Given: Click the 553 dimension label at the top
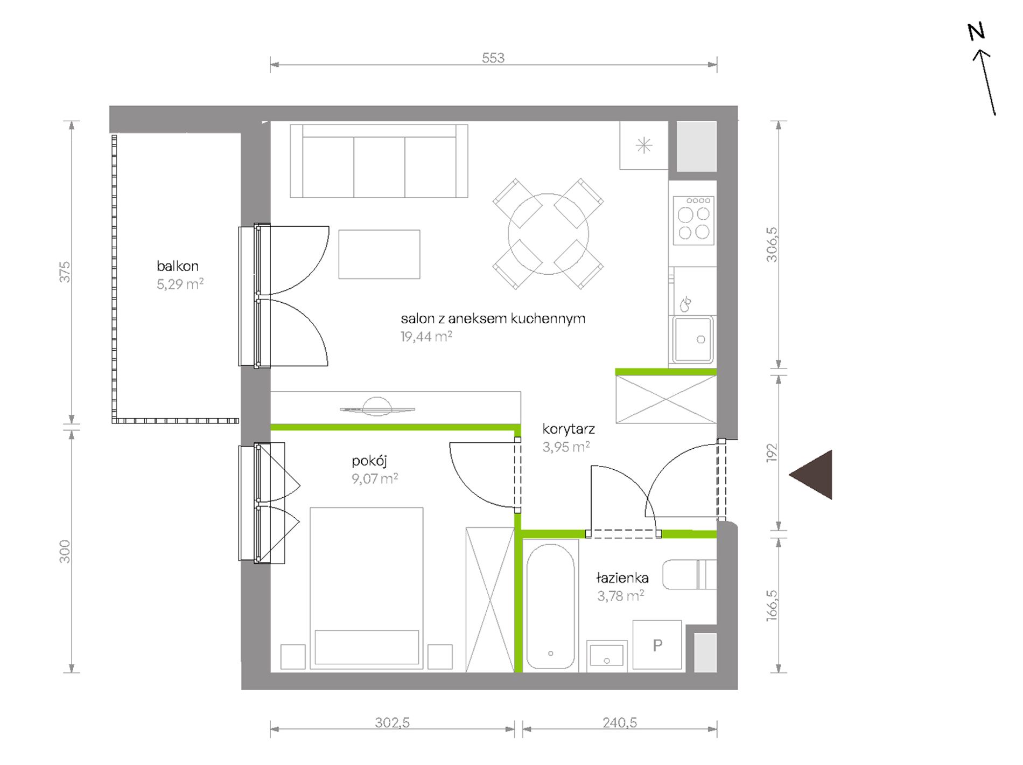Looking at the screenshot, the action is (493, 58).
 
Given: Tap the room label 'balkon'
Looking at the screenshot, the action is (178, 266).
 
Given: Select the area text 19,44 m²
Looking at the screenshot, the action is (426, 337).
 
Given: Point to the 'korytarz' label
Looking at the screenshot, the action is (569, 429).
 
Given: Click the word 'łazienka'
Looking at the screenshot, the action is (622, 578).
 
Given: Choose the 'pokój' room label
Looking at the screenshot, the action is (369, 461).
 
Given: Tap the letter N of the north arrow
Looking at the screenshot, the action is (976, 32).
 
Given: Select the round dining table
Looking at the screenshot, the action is (548, 234).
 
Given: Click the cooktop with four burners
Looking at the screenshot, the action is (693, 220).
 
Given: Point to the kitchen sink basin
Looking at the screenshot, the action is (693, 339).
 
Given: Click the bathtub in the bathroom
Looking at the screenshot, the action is (550, 606).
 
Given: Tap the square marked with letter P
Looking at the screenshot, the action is (657, 645).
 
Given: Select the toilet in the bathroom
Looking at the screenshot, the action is (689, 575).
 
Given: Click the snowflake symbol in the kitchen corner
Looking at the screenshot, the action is (644, 145).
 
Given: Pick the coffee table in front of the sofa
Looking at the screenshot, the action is (379, 254).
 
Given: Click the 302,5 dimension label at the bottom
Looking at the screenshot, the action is (392, 722).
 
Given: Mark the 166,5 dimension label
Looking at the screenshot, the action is (772, 605).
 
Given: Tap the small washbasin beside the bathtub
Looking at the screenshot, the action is (607, 656).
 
